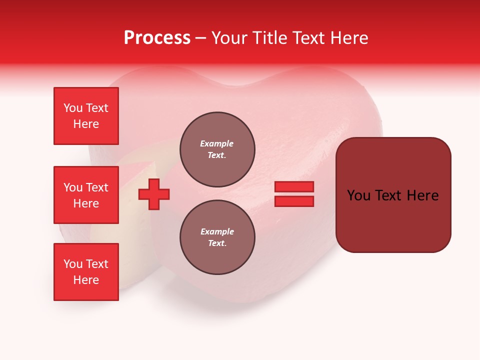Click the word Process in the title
pos(157,38)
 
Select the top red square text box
pos(86,116)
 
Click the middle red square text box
pos(86,195)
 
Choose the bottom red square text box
pos(86,272)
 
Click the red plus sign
pos(154,194)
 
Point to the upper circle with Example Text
pos(217,149)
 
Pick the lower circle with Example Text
pos(217,237)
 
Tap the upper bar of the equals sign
pos(294,186)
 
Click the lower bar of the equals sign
pos(294,201)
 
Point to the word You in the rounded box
pos(359,195)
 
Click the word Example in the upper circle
pos(217,143)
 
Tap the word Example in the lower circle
pos(217,231)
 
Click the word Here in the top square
pos(86,124)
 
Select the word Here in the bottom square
pos(86,280)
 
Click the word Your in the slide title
pos(230,38)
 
